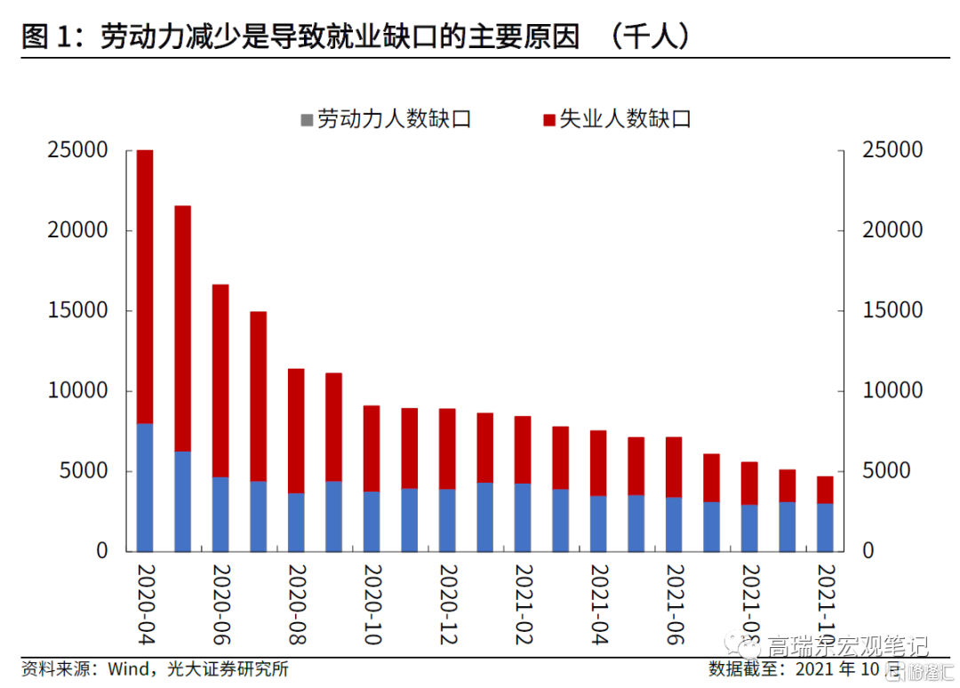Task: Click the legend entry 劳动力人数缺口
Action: [386, 119]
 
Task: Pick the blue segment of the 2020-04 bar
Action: [145, 487]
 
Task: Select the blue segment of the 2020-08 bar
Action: [296, 522]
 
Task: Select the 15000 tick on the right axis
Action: [892, 311]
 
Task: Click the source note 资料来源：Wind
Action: [155, 669]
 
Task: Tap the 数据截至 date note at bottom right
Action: [800, 669]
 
